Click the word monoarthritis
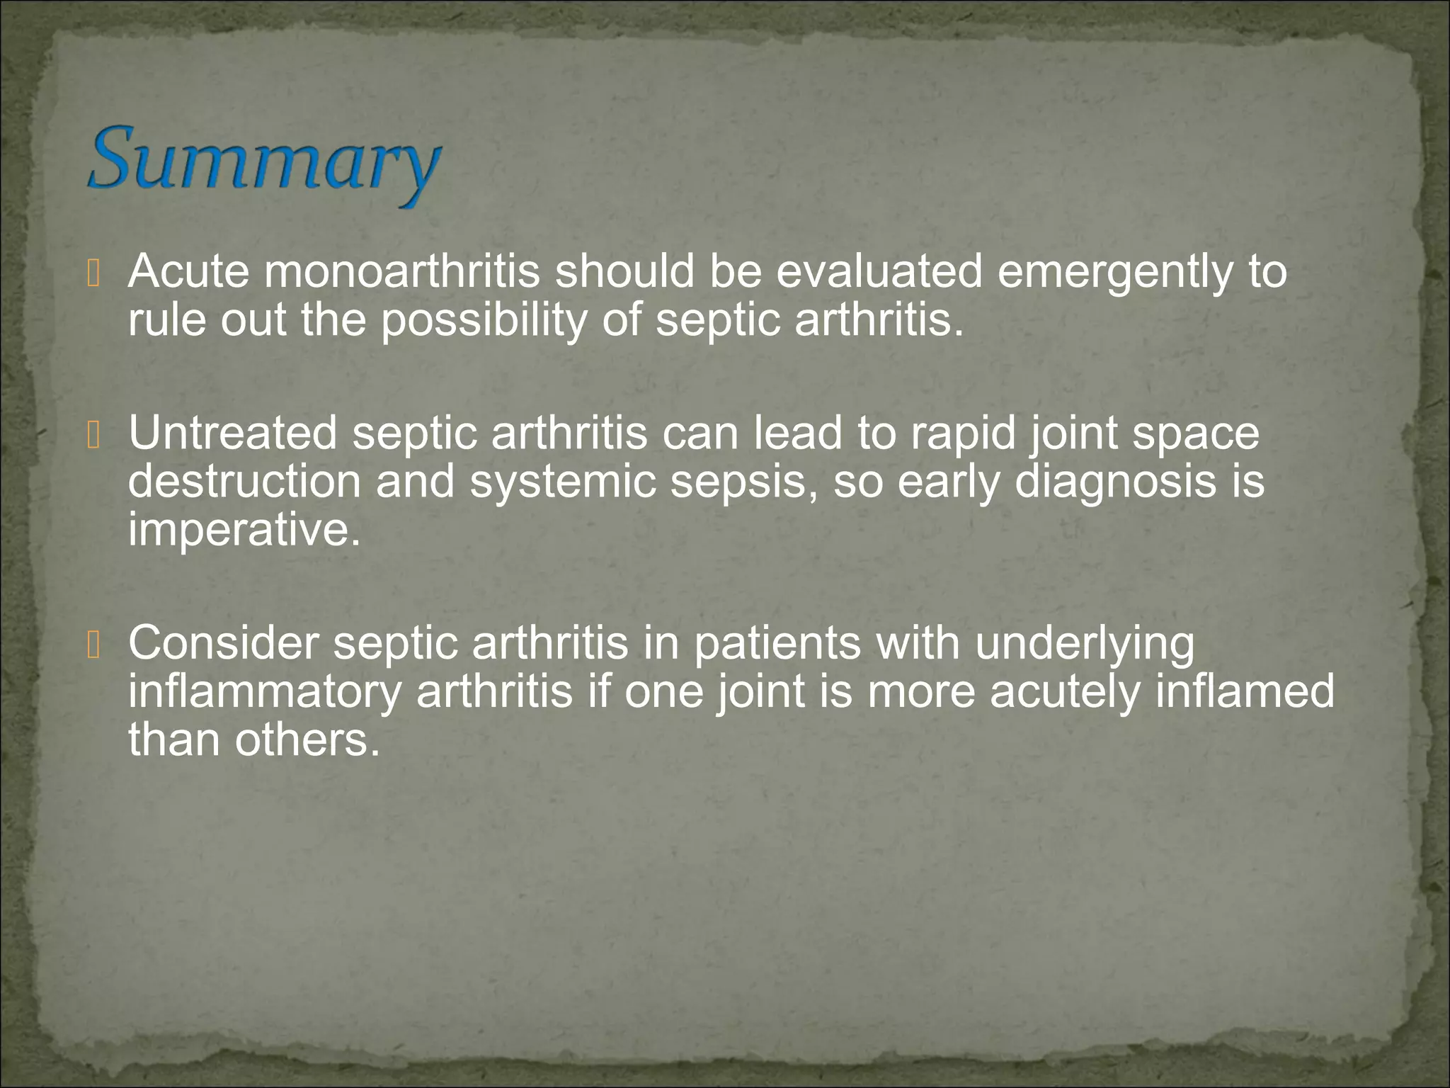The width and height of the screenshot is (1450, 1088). (x=401, y=271)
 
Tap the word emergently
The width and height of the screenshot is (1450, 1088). (x=1114, y=273)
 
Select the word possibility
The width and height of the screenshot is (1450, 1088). (x=484, y=321)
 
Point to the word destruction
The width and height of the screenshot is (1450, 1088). (x=244, y=482)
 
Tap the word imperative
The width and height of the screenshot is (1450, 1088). (x=244, y=531)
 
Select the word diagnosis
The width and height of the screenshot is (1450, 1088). (x=1109, y=483)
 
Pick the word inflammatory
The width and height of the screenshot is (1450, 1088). (x=264, y=692)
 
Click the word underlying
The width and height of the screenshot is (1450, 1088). (x=1084, y=645)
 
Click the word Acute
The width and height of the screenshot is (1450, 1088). (x=188, y=271)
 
